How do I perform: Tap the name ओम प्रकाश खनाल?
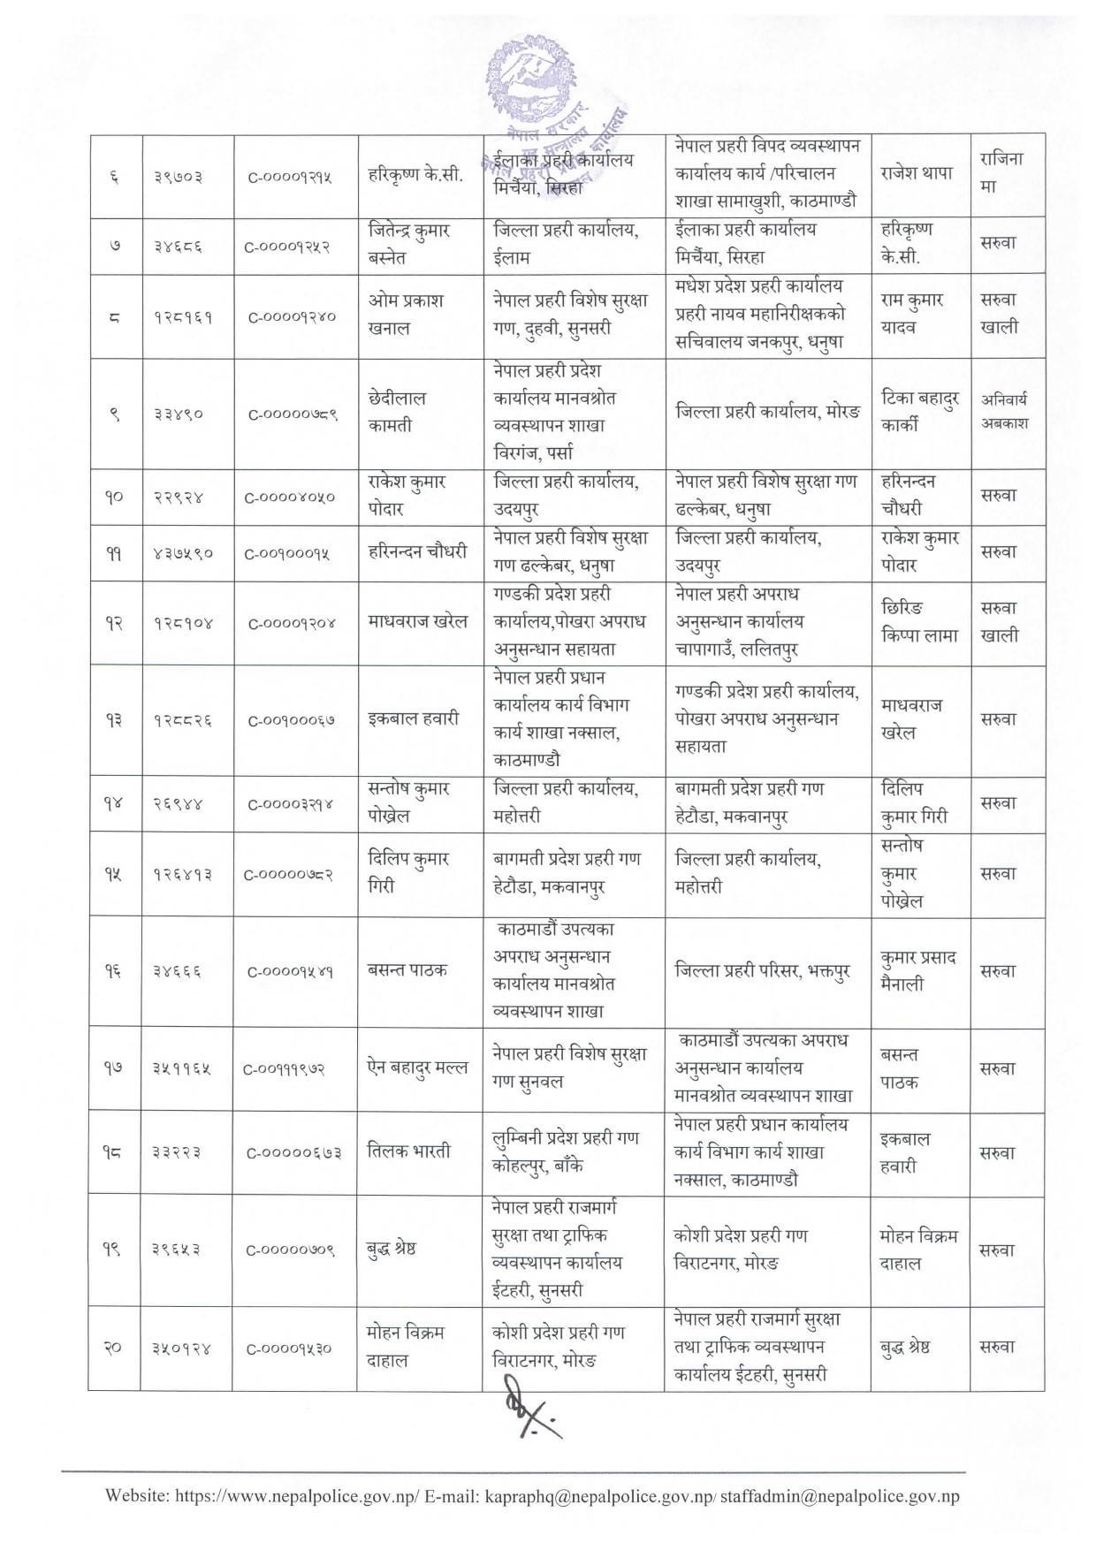tap(407, 314)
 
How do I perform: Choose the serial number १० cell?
tap(114, 497)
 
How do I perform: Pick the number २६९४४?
tap(175, 803)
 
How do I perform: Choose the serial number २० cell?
tap(114, 1348)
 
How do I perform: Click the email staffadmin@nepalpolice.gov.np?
tap(840, 1496)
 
